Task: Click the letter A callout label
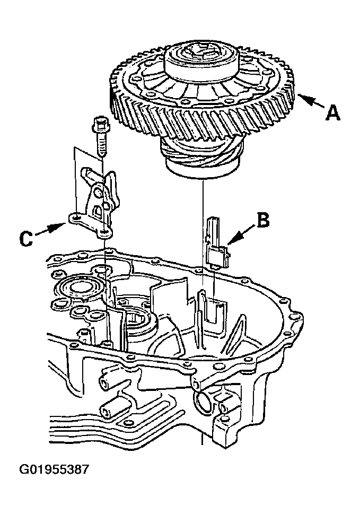pos(332,113)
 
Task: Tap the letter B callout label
pos(263,220)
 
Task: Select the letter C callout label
pos(26,239)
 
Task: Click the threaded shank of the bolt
pos(101,144)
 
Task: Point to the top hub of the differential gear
pos(200,59)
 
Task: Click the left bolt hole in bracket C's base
pos(76,217)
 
